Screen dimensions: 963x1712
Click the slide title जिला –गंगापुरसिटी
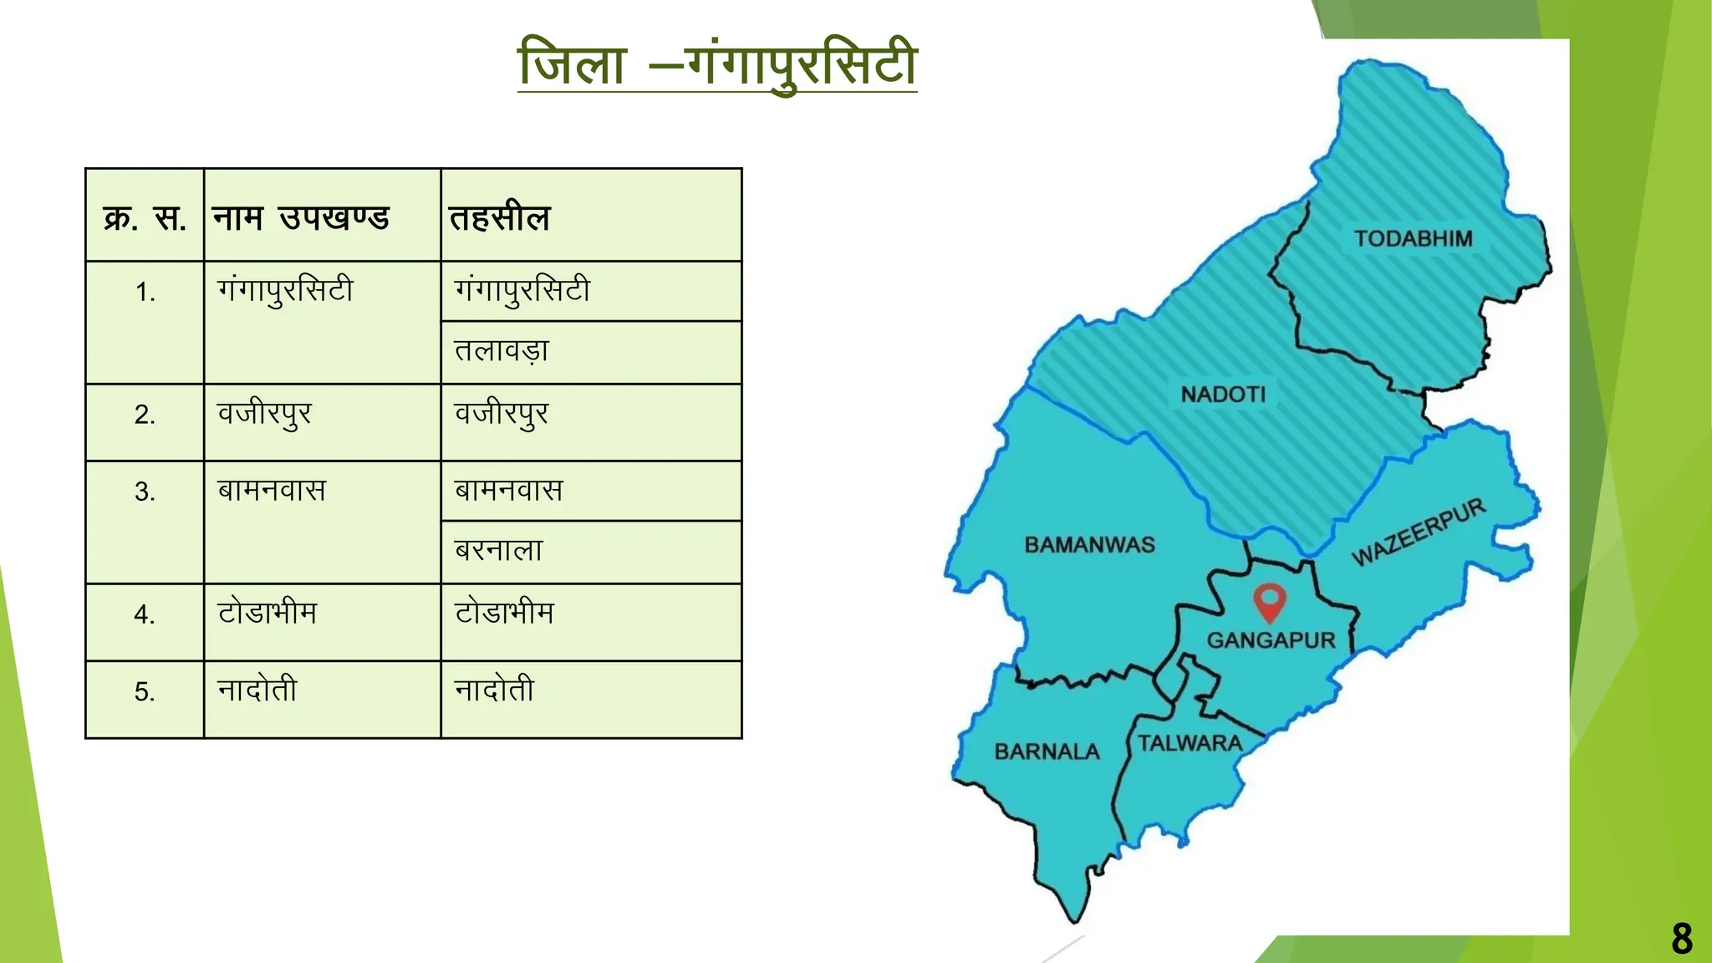(x=717, y=64)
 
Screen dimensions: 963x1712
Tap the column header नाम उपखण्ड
(x=301, y=218)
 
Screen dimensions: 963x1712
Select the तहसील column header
(x=500, y=218)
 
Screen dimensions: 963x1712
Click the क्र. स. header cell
(x=145, y=218)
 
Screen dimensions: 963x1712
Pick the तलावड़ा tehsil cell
(x=502, y=351)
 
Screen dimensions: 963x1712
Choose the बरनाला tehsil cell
(x=499, y=551)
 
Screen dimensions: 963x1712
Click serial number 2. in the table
(x=145, y=415)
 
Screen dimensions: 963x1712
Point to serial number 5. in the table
(x=145, y=692)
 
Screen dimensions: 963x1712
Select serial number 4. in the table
(x=145, y=614)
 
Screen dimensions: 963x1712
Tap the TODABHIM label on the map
(x=1414, y=239)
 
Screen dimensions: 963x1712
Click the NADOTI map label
(x=1223, y=395)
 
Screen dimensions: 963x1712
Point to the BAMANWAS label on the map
(x=1089, y=545)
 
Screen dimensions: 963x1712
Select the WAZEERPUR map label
(x=1419, y=532)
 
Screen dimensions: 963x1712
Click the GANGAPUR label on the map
(x=1271, y=640)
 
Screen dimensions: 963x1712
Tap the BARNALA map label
(x=1047, y=752)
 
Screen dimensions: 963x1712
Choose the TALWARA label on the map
(x=1190, y=743)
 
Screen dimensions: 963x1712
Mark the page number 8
(x=1682, y=938)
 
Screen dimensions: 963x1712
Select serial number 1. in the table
(x=145, y=292)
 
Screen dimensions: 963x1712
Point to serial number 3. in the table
(x=145, y=492)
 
